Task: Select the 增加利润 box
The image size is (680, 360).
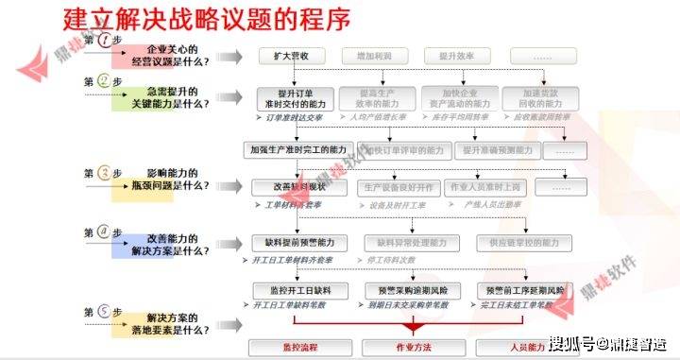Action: [375, 56]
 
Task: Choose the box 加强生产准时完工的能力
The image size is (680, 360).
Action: [298, 149]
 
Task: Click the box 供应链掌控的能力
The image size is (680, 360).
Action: [521, 243]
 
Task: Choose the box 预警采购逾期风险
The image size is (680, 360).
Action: [412, 289]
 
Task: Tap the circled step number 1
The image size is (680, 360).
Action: [104, 41]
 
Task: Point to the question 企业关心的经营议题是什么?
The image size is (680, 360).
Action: [178, 55]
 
